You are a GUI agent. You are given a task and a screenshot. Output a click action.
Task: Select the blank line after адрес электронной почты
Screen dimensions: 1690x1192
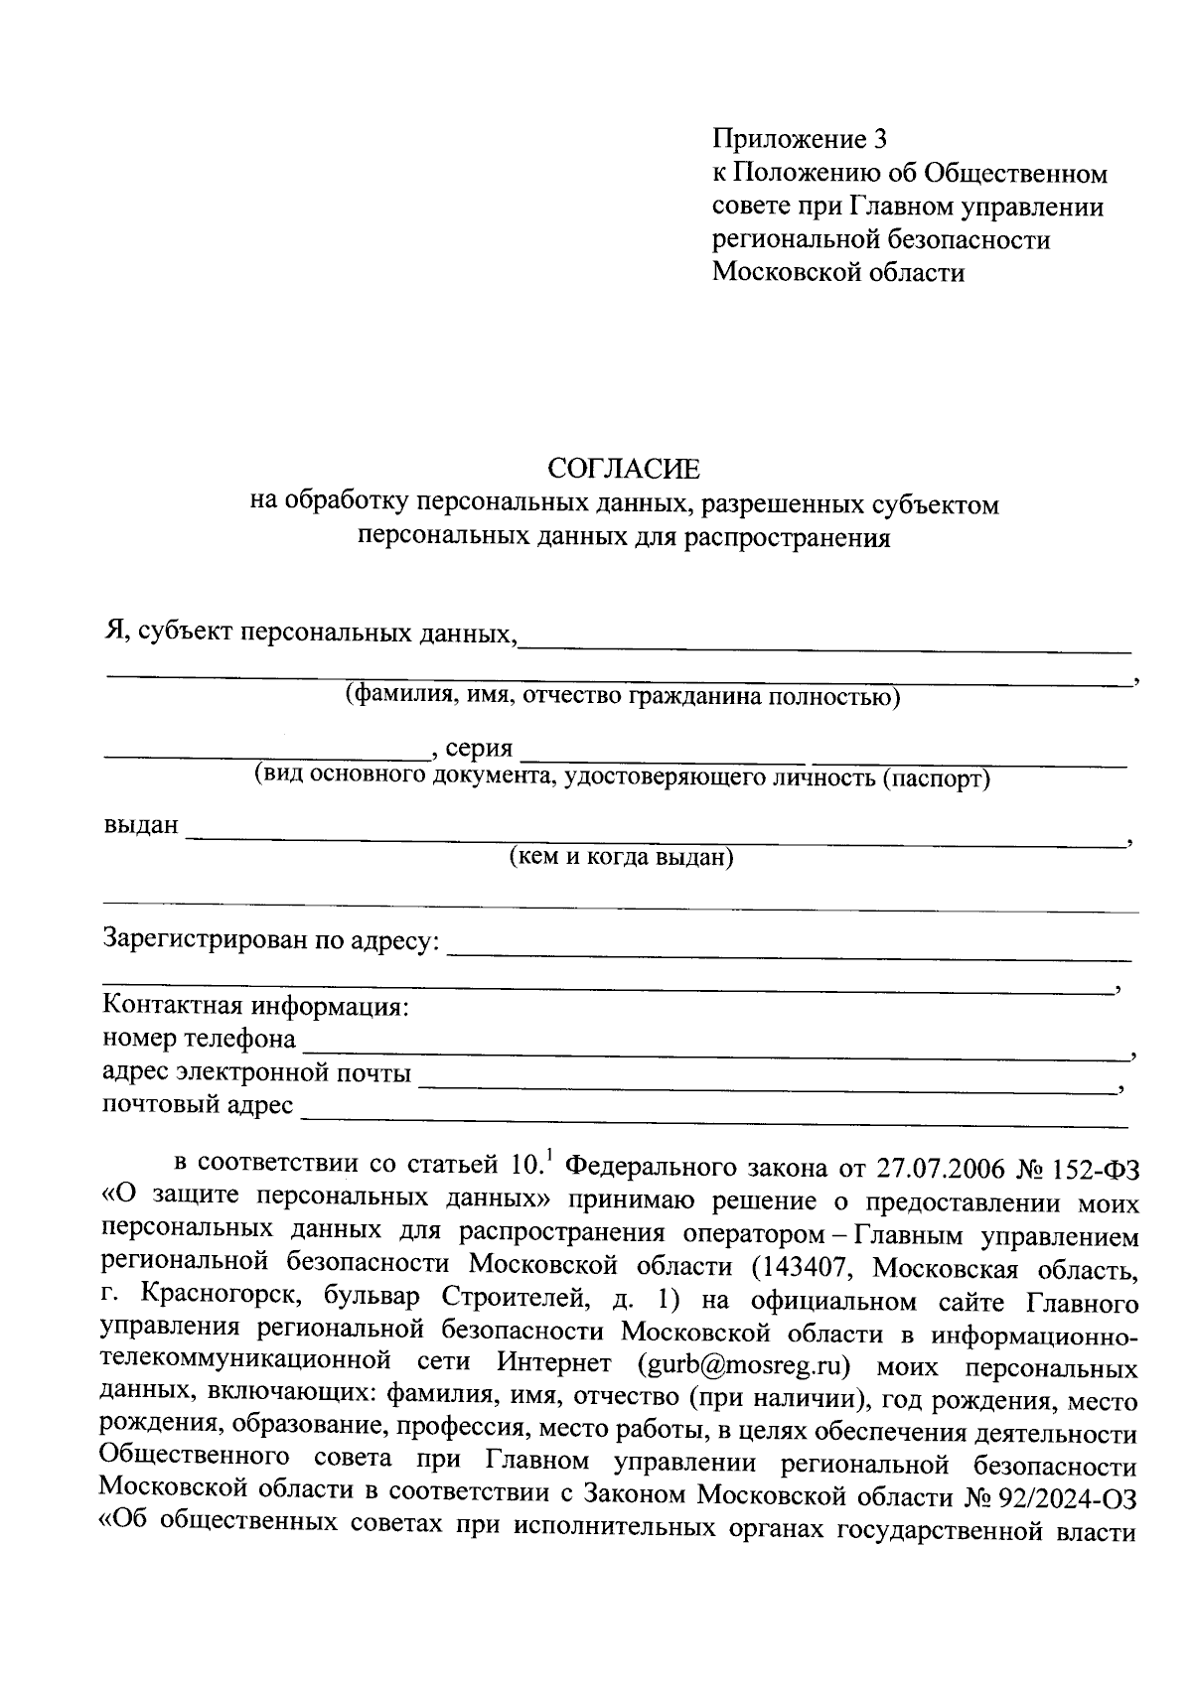[x=765, y=1082]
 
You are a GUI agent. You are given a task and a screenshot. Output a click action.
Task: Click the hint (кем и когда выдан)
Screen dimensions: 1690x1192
[x=621, y=857]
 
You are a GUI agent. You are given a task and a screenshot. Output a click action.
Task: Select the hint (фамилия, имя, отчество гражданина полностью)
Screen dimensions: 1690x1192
[x=622, y=696]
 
